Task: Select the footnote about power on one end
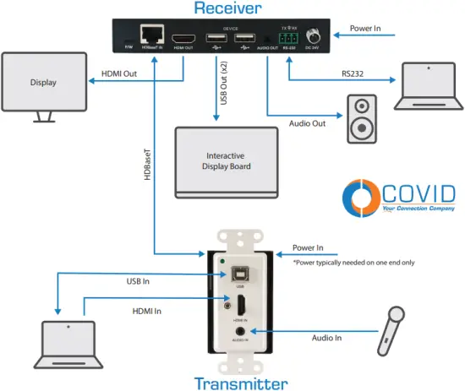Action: pos(353,263)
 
